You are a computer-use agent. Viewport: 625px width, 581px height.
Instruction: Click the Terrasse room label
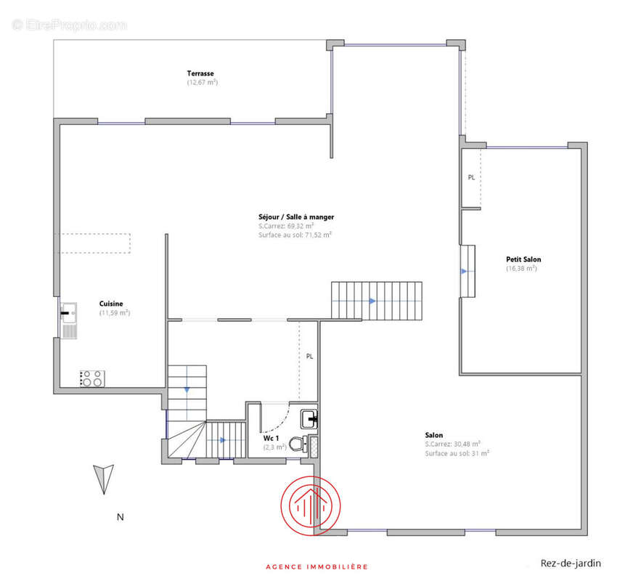[x=200, y=73]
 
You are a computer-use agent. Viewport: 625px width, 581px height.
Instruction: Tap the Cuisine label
[x=111, y=304]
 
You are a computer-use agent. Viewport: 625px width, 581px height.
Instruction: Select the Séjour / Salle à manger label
[x=296, y=217]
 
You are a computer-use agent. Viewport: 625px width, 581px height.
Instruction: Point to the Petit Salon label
[x=523, y=259]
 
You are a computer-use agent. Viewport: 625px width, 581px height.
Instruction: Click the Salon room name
[x=433, y=435]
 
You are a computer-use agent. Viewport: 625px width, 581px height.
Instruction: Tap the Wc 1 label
[x=271, y=438]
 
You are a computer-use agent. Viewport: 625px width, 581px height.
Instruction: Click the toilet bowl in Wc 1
[x=298, y=444]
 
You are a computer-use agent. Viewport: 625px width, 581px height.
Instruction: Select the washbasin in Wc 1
[x=309, y=419]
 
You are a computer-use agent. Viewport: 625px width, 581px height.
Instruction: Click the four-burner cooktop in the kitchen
[x=92, y=378]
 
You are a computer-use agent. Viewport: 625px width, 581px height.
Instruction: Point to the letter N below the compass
[x=120, y=517]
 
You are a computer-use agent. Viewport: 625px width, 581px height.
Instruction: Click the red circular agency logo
[x=311, y=505]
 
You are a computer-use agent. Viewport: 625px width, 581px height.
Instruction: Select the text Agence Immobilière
[x=317, y=566]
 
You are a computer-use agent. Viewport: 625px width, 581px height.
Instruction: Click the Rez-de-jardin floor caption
[x=571, y=563]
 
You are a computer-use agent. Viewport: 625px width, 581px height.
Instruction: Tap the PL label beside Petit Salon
[x=472, y=177]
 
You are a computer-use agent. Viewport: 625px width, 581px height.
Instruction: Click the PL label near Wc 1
[x=310, y=357]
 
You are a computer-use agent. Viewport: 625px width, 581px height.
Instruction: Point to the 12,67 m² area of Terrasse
[x=203, y=82]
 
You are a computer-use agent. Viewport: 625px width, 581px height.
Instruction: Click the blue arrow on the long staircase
[x=372, y=301]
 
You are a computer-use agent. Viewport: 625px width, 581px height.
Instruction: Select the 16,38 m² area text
[x=521, y=269]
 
